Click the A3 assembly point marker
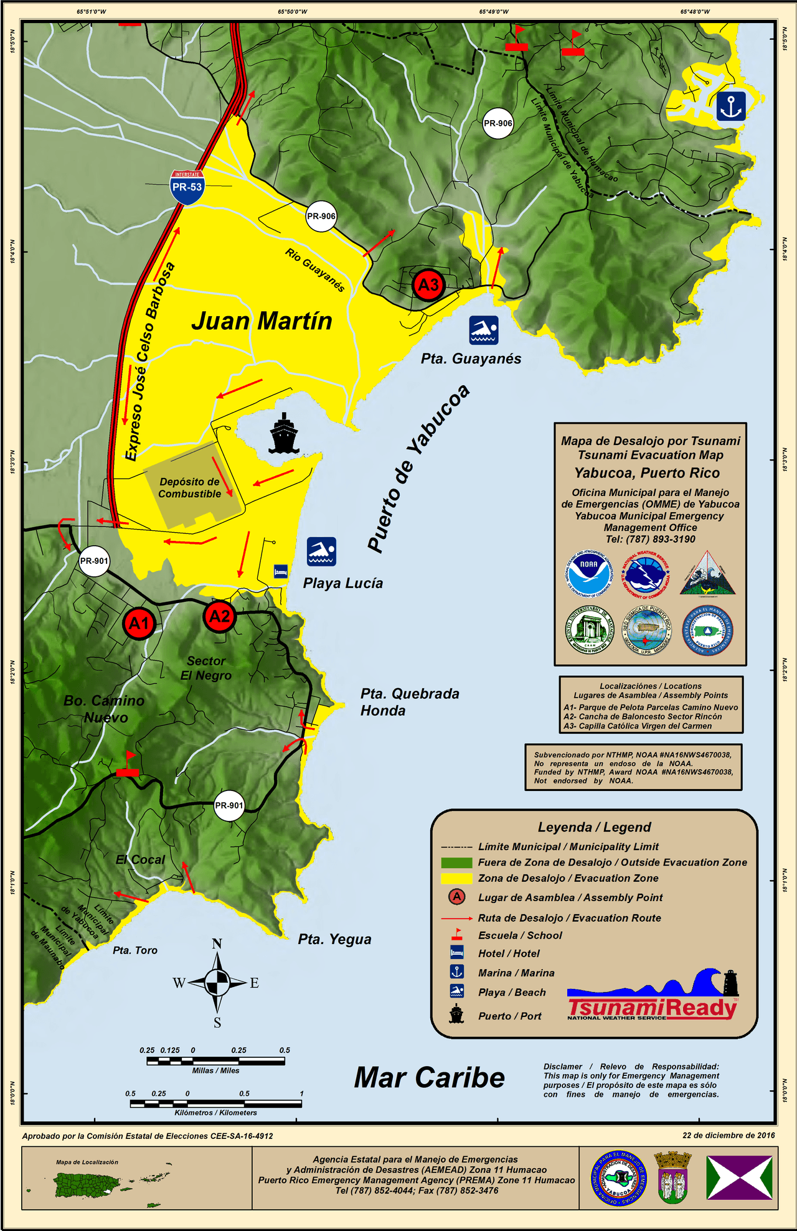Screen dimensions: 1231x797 pos(428,285)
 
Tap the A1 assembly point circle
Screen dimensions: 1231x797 pos(139,623)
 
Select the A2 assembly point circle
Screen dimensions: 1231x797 pos(219,616)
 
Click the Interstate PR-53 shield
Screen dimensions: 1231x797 pos(187,187)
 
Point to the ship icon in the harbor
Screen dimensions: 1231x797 pos(284,433)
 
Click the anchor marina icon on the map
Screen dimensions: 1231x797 pos(730,106)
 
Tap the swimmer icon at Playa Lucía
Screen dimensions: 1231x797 pos(321,551)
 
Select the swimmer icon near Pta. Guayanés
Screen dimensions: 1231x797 pos(484,330)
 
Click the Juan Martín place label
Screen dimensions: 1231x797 pos(262,321)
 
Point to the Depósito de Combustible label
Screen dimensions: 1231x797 pos(190,488)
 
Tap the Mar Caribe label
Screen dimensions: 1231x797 pos(429,1078)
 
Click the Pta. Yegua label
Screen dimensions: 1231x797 pos(334,939)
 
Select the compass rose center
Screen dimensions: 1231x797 pos(217,983)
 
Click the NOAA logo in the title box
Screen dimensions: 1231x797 pos(588,573)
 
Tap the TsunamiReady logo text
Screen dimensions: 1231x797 pos(652,1008)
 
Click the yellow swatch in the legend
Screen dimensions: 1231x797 pos(456,879)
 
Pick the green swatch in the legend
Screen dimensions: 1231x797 pos(456,863)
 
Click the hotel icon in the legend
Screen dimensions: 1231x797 pos(457,952)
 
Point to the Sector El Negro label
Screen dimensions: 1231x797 pos(206,668)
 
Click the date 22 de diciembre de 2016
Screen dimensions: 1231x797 pos(729,1135)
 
